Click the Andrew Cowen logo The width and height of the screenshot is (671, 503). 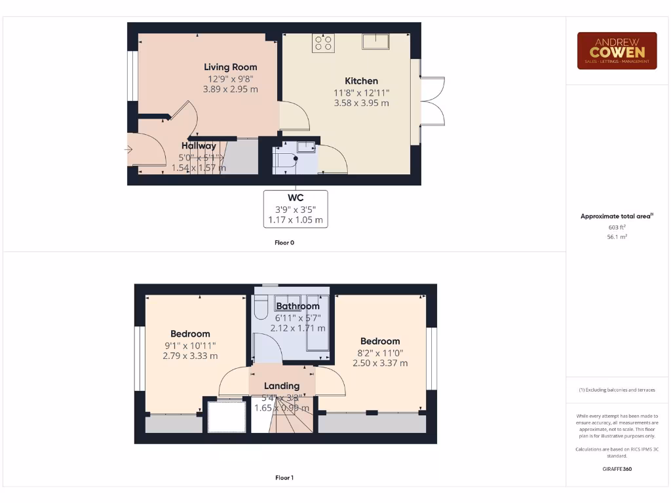[617, 50]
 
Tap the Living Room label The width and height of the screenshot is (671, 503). [230, 67]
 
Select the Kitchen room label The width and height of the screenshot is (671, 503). [361, 81]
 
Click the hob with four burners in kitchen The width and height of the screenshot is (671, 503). [323, 43]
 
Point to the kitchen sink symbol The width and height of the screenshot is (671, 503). [376, 41]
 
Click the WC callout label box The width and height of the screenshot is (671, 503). [296, 208]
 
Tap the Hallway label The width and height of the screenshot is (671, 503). [199, 146]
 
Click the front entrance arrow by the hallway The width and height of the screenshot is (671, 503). [128, 150]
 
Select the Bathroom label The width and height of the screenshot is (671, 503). [297, 306]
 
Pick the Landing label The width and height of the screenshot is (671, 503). [282, 386]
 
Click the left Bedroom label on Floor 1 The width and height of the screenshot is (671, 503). [190, 333]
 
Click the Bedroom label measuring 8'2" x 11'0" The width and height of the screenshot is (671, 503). [380, 341]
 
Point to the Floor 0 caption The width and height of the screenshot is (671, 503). [284, 242]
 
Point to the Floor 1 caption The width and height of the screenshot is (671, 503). [284, 478]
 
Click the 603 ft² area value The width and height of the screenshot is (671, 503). [617, 227]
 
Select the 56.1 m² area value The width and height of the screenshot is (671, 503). [617, 236]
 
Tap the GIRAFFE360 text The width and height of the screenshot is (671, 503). [617, 469]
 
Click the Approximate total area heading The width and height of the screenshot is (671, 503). [617, 216]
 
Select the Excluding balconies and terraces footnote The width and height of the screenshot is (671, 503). [617, 390]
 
